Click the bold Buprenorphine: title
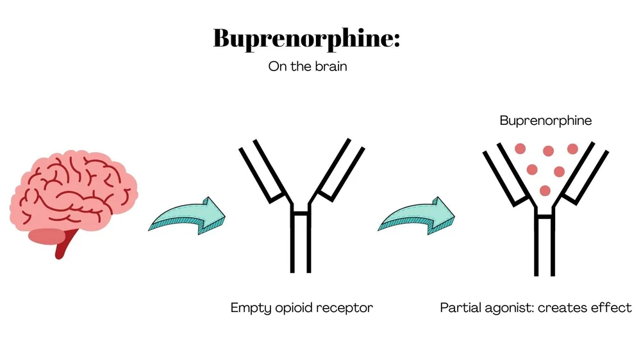(306, 38)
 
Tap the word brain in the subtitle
(330, 67)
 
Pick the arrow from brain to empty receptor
(187, 216)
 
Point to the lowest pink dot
(545, 190)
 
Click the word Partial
(459, 308)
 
